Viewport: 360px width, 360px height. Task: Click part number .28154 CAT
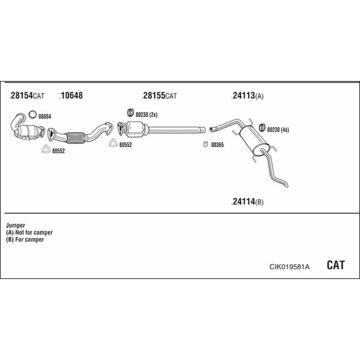click(26, 95)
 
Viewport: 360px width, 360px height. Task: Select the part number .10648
click(71, 95)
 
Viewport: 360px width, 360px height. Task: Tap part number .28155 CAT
click(160, 95)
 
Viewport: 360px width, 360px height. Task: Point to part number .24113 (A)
click(247, 95)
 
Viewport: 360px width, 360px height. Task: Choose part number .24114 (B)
click(247, 202)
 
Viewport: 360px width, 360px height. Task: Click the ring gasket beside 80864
click(32, 115)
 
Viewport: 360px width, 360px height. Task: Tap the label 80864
click(45, 116)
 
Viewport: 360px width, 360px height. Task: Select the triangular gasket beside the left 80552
click(46, 149)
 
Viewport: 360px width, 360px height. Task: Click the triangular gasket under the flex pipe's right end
click(113, 143)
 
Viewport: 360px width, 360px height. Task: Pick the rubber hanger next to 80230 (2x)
click(130, 113)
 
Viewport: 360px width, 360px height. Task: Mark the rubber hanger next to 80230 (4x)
click(262, 128)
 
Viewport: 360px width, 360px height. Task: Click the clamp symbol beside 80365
click(205, 144)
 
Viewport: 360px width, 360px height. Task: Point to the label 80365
click(217, 145)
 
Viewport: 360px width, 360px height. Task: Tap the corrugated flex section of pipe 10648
click(75, 137)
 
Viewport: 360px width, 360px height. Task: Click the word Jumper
click(16, 226)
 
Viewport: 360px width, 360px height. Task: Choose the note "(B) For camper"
click(25, 239)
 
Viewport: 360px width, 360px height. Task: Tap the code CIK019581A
click(289, 267)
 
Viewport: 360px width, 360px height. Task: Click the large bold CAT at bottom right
click(335, 265)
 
